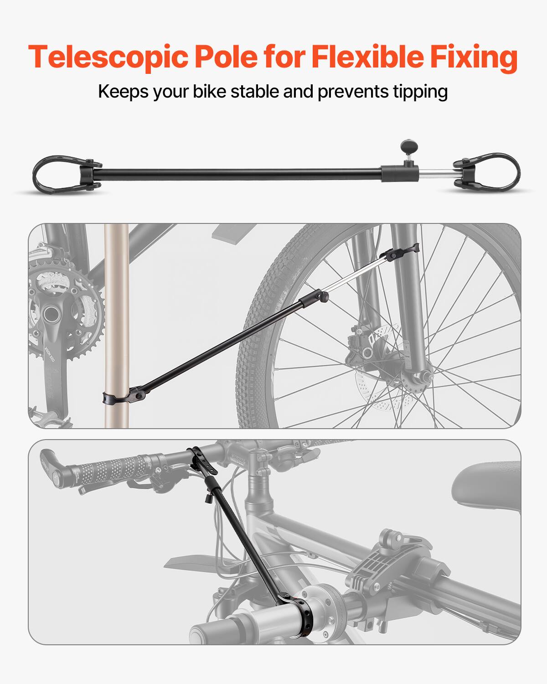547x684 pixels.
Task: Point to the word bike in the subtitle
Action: click(210, 92)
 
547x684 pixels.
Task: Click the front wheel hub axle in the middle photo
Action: click(422, 376)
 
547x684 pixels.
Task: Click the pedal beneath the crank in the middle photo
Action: click(50, 417)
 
